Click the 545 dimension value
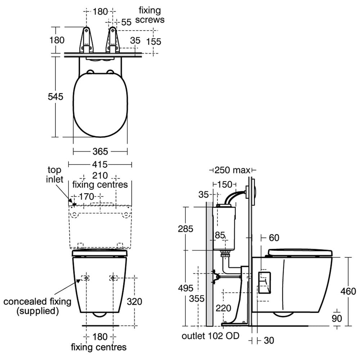56,96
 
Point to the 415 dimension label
100,165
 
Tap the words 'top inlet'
54,175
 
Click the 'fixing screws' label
149,15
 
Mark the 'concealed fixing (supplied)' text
37,306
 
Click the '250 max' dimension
233,170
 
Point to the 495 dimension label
186,288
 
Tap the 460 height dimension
348,291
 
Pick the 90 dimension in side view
337,318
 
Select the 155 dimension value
154,41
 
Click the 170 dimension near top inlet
86,197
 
